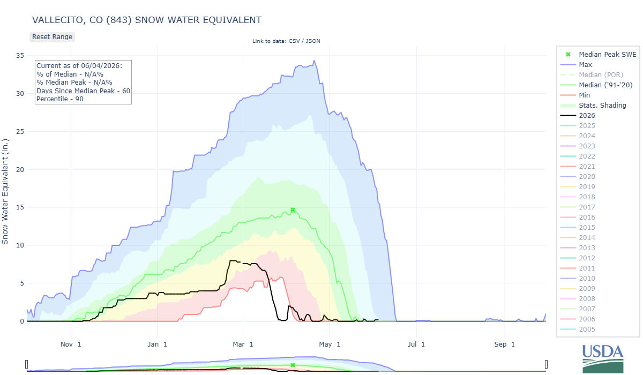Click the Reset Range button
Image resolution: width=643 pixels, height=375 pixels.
click(x=52, y=37)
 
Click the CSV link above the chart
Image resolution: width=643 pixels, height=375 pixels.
click(x=294, y=41)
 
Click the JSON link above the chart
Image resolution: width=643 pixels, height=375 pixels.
click(x=313, y=41)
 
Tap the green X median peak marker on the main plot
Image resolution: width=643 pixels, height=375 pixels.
click(x=293, y=210)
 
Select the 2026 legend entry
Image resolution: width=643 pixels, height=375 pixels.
click(x=587, y=116)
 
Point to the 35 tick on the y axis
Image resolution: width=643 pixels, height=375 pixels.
click(x=20, y=55)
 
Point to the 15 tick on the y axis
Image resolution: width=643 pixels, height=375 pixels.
click(x=20, y=207)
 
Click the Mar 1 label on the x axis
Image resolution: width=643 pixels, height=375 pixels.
click(x=243, y=344)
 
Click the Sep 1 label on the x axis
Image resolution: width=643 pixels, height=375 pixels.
click(x=504, y=344)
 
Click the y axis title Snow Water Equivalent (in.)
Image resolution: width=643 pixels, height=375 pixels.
click(x=5, y=192)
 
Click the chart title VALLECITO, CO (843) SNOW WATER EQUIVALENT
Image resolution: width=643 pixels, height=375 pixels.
click(x=147, y=20)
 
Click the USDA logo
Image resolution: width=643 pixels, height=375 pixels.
click(x=603, y=358)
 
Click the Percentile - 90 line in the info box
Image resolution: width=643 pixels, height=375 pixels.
click(x=59, y=99)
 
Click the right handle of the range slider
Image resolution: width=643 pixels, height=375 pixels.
click(x=546, y=364)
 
